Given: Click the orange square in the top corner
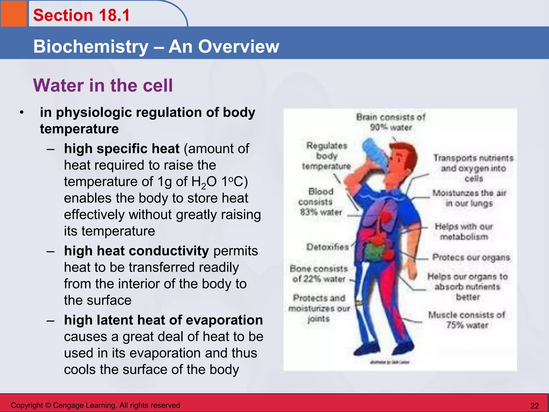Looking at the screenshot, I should coord(13,13).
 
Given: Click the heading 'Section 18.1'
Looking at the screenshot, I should coord(81,15).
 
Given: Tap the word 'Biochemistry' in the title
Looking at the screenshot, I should coord(91,47).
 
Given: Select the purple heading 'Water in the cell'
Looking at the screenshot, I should coord(103,85).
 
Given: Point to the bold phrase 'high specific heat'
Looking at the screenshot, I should coord(122,149).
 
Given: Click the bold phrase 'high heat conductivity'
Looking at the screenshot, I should coord(136,251).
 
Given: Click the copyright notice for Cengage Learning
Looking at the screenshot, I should coord(95,405).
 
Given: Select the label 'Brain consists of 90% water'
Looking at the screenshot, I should coord(391,122).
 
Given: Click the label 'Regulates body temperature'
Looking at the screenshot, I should coord(327,156).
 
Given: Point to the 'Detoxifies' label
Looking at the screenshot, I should coord(328,247).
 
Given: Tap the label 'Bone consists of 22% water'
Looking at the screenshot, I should coord(319,274).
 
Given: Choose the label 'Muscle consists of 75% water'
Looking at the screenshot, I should coord(467,320).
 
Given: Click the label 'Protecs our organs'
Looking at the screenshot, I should coord(471,257).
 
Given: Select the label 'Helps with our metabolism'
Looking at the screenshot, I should coord(464,231).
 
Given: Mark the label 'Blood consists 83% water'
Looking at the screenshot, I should coord(321,202).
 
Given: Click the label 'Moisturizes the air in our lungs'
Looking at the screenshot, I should coord(469,198).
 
